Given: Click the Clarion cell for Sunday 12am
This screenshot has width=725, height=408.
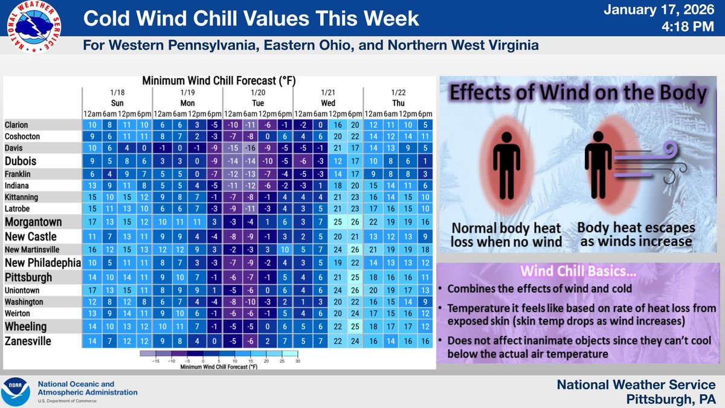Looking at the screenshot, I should point(91,125).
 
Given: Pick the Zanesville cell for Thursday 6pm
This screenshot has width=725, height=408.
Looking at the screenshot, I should point(425,342).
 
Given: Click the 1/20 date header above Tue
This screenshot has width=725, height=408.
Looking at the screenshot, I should point(257,92).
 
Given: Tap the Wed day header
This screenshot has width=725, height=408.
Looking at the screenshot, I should point(328,103).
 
